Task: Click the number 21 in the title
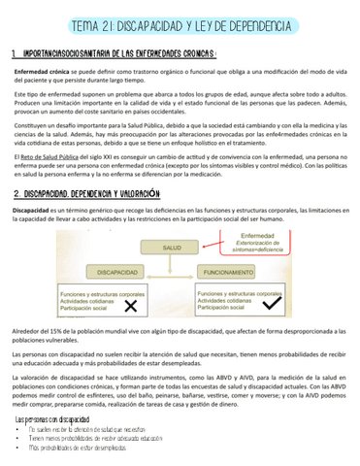click(135, 22)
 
